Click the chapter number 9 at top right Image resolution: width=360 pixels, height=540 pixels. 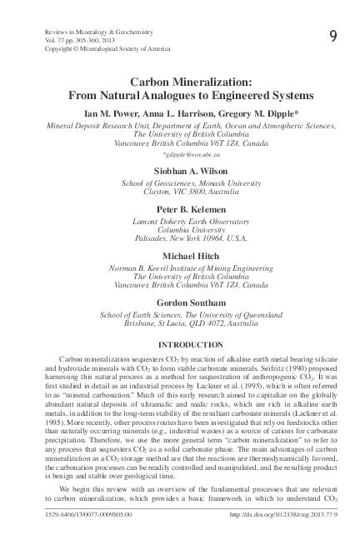(332, 35)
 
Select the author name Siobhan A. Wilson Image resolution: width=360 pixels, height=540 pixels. (180, 170)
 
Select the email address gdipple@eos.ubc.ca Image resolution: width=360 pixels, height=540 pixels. (180, 154)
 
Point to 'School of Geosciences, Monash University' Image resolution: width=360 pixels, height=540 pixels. (180, 184)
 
